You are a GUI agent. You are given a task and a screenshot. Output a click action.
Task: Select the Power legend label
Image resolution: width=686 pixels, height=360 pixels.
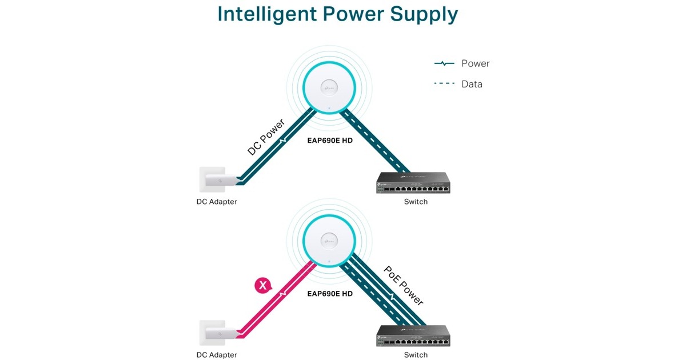pyautogui.click(x=475, y=63)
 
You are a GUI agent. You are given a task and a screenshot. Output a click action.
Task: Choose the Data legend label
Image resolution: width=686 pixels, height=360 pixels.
pyautogui.click(x=472, y=84)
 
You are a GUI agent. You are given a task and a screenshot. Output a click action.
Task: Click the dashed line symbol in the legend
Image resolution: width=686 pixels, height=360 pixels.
pyautogui.click(x=444, y=84)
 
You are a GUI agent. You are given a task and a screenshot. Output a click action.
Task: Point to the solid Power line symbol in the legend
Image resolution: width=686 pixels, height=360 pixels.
pyautogui.click(x=444, y=63)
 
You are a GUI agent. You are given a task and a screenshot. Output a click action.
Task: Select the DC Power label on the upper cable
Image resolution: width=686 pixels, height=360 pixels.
pyautogui.click(x=266, y=137)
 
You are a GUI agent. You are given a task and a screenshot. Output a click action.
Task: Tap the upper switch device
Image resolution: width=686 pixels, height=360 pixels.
pyautogui.click(x=413, y=183)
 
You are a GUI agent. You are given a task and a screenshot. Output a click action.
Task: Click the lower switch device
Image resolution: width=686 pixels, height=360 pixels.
pyautogui.click(x=413, y=336)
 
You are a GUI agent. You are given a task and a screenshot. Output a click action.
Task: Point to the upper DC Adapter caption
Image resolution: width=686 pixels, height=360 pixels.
pyautogui.click(x=217, y=202)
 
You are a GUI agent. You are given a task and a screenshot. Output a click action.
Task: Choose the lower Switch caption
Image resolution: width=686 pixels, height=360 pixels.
pyautogui.click(x=416, y=355)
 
